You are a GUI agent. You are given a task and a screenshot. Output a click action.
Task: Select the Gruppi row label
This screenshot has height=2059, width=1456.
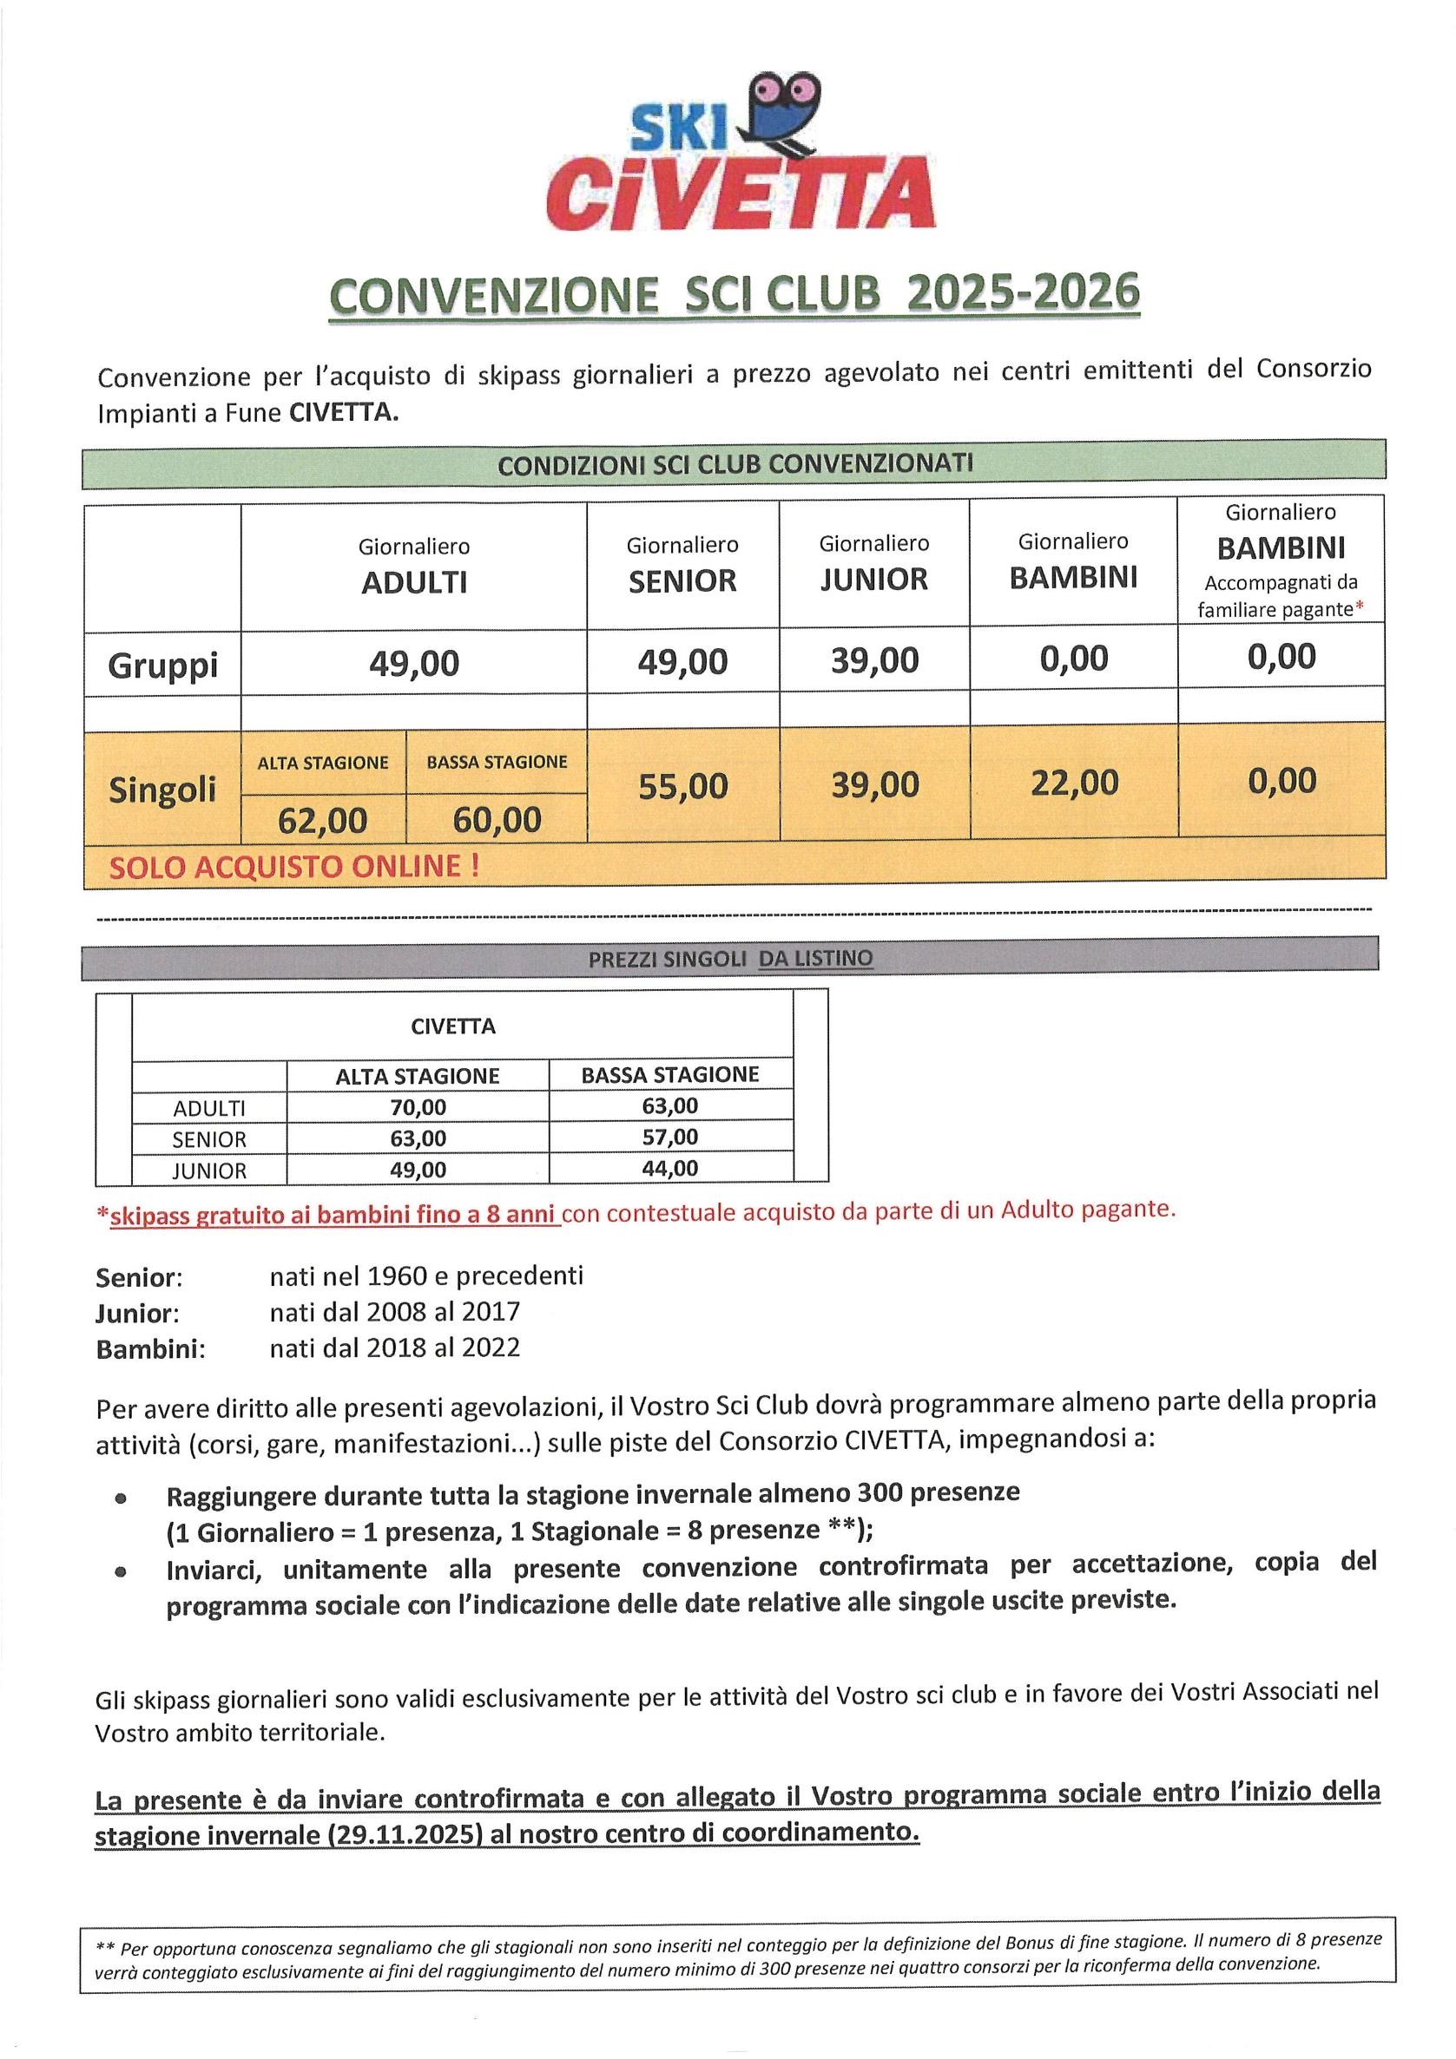(162, 666)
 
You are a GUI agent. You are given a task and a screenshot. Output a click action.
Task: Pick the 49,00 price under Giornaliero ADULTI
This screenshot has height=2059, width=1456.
(413, 664)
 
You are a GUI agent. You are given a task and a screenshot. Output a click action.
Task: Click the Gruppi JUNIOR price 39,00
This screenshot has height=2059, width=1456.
(873, 661)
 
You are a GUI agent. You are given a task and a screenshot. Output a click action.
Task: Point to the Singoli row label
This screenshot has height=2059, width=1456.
(162, 790)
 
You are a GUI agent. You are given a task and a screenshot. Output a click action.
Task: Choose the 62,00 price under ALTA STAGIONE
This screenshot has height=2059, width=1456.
(322, 820)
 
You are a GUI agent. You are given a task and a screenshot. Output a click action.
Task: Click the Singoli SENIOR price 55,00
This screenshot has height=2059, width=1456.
(682, 786)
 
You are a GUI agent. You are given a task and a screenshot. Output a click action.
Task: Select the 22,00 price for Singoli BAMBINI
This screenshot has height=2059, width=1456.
(1074, 783)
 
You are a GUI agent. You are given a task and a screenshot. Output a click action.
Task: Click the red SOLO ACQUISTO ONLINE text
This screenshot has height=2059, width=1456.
(293, 866)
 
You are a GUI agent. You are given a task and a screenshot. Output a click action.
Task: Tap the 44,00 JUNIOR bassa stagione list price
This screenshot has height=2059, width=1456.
(670, 1169)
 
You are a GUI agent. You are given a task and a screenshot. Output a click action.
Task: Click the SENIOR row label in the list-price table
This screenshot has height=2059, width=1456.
(209, 1139)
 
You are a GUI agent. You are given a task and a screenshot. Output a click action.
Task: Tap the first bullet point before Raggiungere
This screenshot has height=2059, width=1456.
(119, 1498)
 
